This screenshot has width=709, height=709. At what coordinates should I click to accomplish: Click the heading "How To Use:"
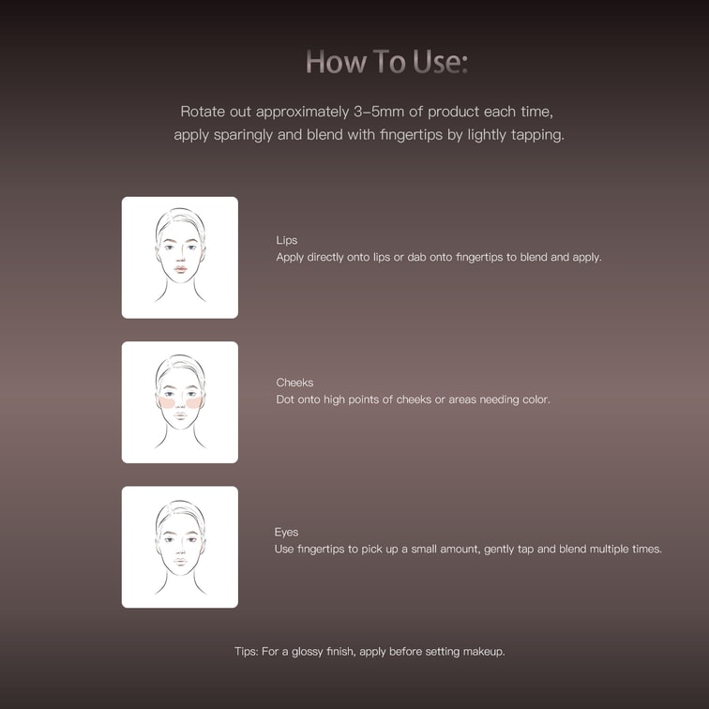[387, 62]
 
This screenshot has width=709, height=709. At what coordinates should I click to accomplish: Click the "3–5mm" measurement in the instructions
[379, 112]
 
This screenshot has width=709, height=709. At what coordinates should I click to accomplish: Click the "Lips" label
[287, 240]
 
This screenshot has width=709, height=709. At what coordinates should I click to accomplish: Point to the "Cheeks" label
[294, 383]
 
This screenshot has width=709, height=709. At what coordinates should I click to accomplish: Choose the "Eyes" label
[286, 532]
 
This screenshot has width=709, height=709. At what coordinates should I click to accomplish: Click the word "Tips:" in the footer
[247, 652]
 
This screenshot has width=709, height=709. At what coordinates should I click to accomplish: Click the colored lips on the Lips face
[180, 269]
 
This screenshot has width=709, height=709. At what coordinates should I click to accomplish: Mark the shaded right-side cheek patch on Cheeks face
[194, 402]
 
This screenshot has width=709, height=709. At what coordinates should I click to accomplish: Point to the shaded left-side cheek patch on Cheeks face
[167, 402]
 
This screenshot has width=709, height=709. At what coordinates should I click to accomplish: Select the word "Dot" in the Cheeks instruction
[285, 400]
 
